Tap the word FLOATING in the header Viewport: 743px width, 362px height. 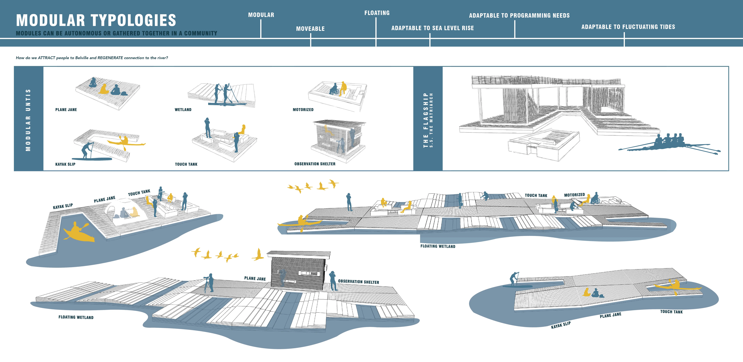click(377, 13)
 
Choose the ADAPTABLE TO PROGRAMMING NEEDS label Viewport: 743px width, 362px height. click(519, 16)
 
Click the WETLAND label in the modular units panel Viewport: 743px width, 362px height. click(183, 110)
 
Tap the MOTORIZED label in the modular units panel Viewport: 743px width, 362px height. click(303, 110)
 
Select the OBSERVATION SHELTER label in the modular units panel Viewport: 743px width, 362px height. click(315, 164)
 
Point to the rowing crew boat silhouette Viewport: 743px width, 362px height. click(669, 144)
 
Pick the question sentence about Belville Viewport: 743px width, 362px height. click(92, 58)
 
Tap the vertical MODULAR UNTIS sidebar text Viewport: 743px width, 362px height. click(28, 120)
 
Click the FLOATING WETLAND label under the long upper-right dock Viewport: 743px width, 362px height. click(438, 246)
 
